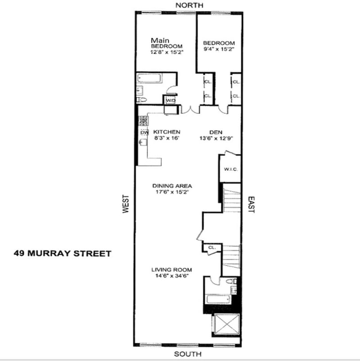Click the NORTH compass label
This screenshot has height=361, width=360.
[x=189, y=5]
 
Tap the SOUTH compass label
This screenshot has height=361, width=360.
[x=188, y=354]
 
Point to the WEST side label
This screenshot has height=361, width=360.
[x=126, y=204]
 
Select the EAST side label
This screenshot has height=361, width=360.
[x=251, y=205]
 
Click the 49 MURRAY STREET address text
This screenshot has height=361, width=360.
[x=63, y=253]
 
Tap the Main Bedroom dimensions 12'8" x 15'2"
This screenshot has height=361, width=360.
[x=167, y=52]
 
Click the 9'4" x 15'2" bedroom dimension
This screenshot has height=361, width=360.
[x=219, y=49]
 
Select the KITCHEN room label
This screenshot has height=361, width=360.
[x=166, y=132]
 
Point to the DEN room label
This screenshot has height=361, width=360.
[x=216, y=132]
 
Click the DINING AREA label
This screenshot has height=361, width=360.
[x=172, y=186]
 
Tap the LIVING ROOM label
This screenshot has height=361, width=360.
[x=171, y=270]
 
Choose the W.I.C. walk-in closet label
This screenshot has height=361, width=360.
[x=231, y=169]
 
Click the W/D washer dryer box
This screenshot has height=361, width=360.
[x=171, y=100]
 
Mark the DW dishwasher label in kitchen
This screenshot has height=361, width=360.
[x=144, y=133]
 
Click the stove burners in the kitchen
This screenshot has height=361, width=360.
[x=144, y=121]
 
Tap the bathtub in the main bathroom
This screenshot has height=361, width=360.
[x=149, y=78]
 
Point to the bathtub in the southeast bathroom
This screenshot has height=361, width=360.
[x=218, y=299]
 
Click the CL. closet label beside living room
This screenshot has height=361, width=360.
[x=212, y=248]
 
